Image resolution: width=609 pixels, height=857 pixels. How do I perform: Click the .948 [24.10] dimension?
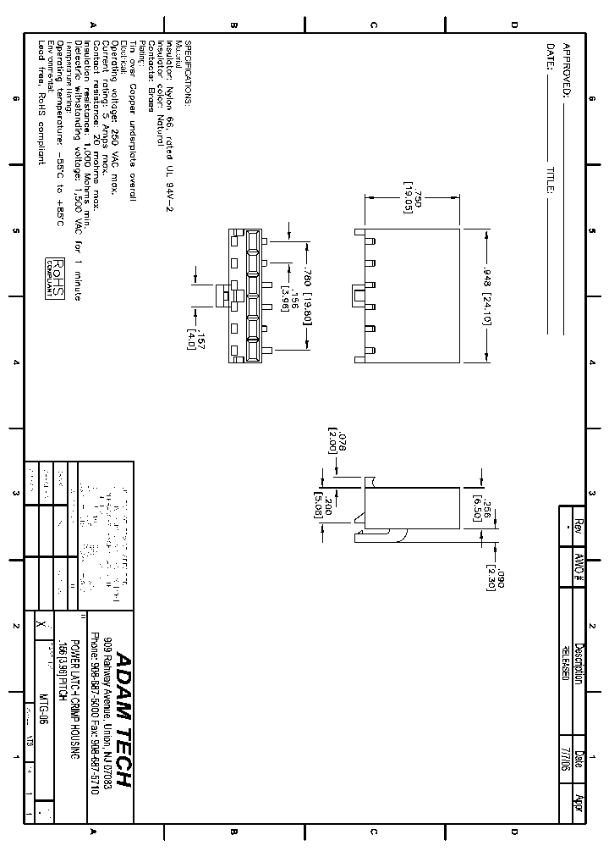[x=487, y=296]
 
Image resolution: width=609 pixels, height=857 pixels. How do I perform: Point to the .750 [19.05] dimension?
[x=412, y=196]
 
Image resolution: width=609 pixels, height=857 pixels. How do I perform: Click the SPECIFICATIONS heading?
[x=188, y=72]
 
